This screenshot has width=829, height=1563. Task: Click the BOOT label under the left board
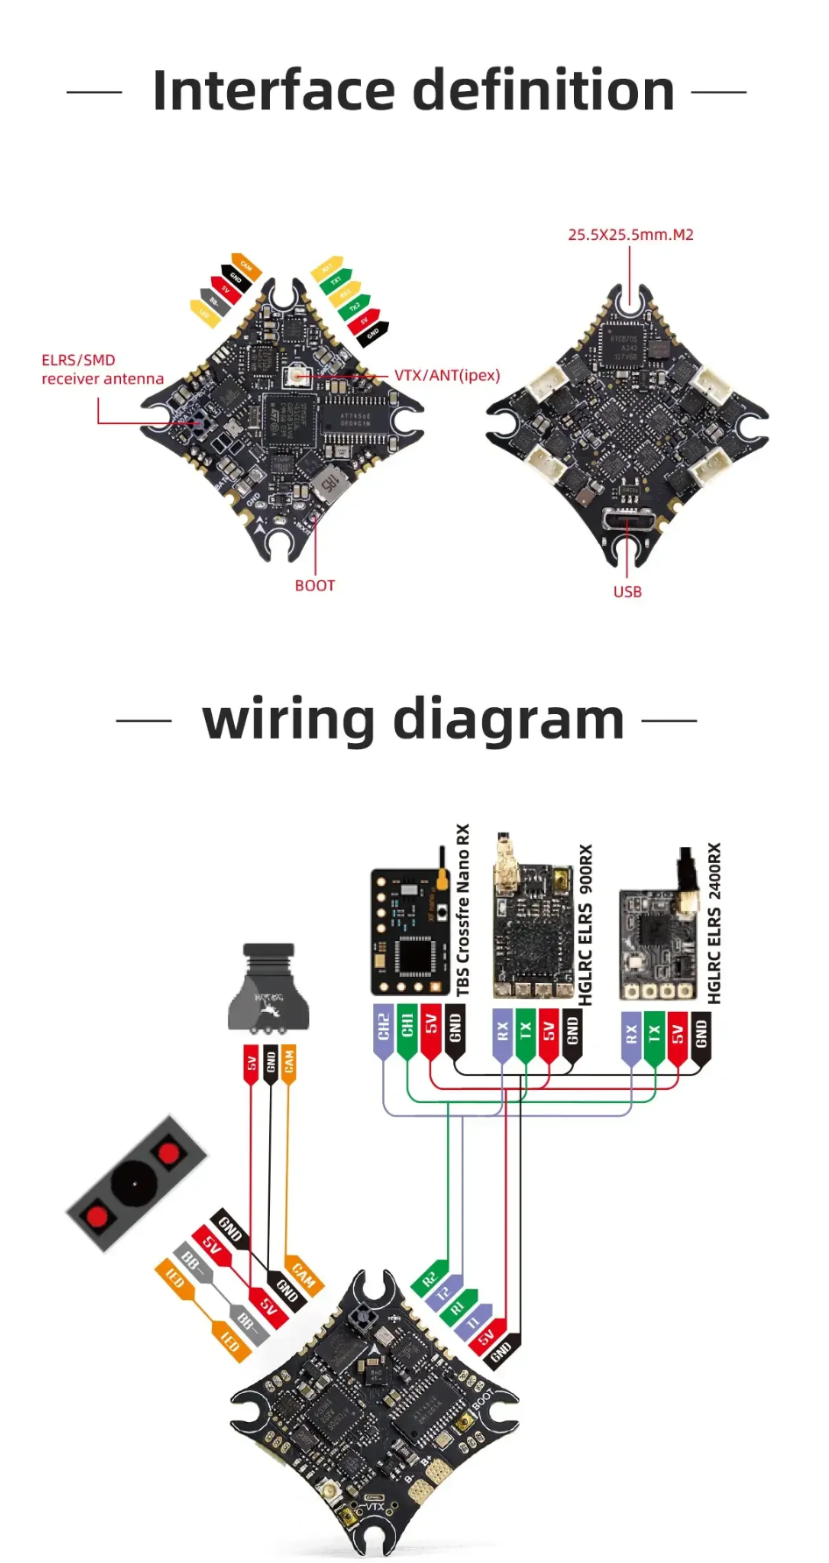point(315,585)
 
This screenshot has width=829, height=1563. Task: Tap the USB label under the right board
point(627,591)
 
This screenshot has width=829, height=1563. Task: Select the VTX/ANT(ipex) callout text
point(447,375)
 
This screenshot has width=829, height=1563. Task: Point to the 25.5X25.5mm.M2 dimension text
point(630,235)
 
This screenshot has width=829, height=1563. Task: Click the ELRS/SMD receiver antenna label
point(102,369)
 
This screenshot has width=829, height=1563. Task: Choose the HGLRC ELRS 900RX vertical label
point(585,923)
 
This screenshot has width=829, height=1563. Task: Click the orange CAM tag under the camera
point(289,1063)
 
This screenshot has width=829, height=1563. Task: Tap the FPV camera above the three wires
point(269,988)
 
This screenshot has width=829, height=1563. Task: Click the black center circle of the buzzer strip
point(134,1184)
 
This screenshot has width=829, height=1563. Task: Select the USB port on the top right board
point(628,520)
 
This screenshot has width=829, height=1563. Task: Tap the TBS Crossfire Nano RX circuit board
point(409,932)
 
